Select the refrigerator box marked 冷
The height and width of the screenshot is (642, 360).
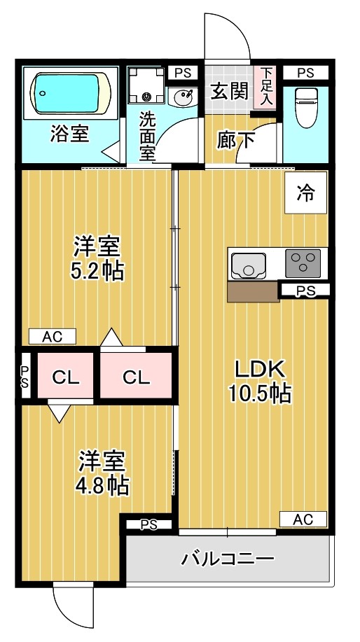click(x=305, y=193)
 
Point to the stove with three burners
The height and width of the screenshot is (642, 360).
click(x=303, y=264)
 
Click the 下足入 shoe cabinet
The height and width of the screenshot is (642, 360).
click(x=267, y=88)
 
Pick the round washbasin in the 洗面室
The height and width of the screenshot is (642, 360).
click(x=184, y=97)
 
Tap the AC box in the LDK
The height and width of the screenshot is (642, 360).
click(x=303, y=519)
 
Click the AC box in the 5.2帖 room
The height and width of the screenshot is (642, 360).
click(x=52, y=337)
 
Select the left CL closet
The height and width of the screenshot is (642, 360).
click(x=66, y=377)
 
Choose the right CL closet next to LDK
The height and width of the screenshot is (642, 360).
click(x=136, y=377)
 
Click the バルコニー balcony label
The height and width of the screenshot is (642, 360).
click(x=228, y=559)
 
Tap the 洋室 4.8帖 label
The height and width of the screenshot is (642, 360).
click(x=102, y=473)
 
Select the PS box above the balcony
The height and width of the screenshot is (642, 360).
click(x=148, y=524)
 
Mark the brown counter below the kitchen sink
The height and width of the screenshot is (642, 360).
click(x=253, y=292)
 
